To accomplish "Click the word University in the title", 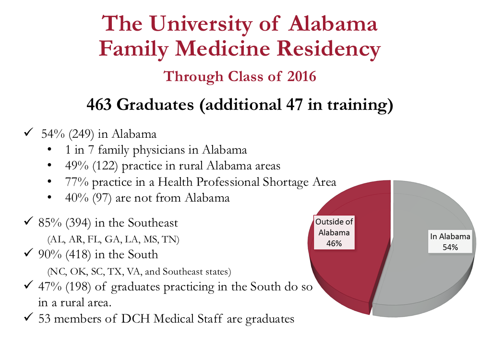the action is (x=201, y=24).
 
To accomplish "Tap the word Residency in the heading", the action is (x=328, y=49).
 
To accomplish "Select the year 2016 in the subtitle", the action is (x=301, y=76).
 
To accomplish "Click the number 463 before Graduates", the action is (x=99, y=104).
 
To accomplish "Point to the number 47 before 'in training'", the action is (x=295, y=104).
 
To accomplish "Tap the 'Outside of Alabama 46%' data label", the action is (x=334, y=232).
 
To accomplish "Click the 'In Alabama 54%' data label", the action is (x=450, y=242).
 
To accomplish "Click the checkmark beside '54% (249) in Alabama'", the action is (x=28, y=132).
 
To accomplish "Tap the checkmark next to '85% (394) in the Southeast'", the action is (x=28, y=221).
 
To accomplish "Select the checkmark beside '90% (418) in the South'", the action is (x=28, y=252).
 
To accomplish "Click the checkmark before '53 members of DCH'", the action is (x=28, y=317).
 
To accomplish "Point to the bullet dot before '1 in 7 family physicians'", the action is (x=49, y=150).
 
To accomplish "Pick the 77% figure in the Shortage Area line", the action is (x=77, y=182).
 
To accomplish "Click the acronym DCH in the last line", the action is (x=136, y=319).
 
